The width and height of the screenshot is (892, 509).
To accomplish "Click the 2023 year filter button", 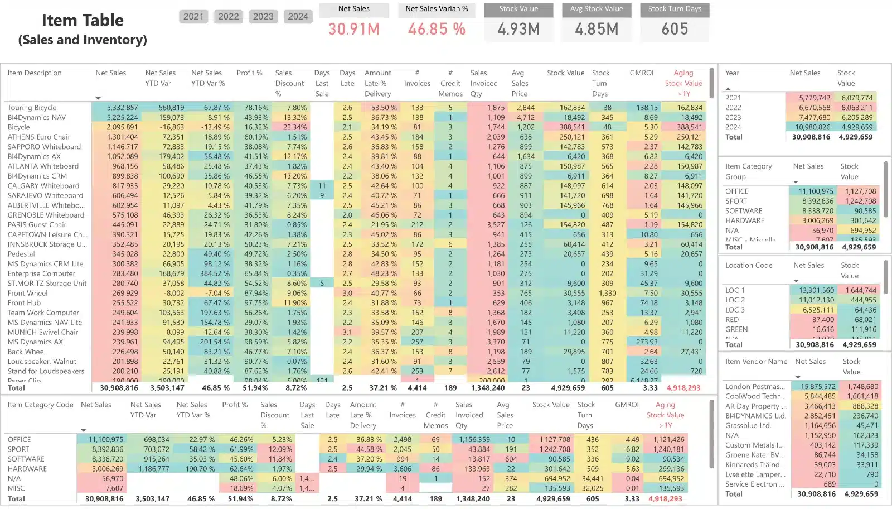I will (263, 17).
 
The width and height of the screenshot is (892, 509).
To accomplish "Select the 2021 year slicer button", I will (193, 17).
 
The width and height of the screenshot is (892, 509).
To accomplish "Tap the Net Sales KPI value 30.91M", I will (353, 29).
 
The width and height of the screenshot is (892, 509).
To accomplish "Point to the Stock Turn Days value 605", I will (675, 29).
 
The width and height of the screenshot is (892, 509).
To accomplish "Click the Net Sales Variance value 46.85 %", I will (437, 29).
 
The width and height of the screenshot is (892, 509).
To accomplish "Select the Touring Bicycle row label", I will (32, 108).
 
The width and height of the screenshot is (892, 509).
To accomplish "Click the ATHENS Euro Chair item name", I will (38, 137).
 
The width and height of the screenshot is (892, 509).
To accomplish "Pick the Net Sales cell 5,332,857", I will (122, 108).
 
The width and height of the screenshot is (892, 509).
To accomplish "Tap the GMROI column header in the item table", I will (641, 73).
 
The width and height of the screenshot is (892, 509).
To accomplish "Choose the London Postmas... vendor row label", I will (755, 386).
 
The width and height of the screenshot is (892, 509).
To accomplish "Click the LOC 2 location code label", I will (735, 300).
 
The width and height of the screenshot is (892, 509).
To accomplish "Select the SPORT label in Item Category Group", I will (736, 201).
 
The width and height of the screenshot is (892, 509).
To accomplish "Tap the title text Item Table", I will (83, 20).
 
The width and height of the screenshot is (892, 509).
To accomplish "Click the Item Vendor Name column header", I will (756, 362).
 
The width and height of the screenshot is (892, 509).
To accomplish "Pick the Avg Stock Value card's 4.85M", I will (597, 29).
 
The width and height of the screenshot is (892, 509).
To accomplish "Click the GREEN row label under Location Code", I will (736, 329).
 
